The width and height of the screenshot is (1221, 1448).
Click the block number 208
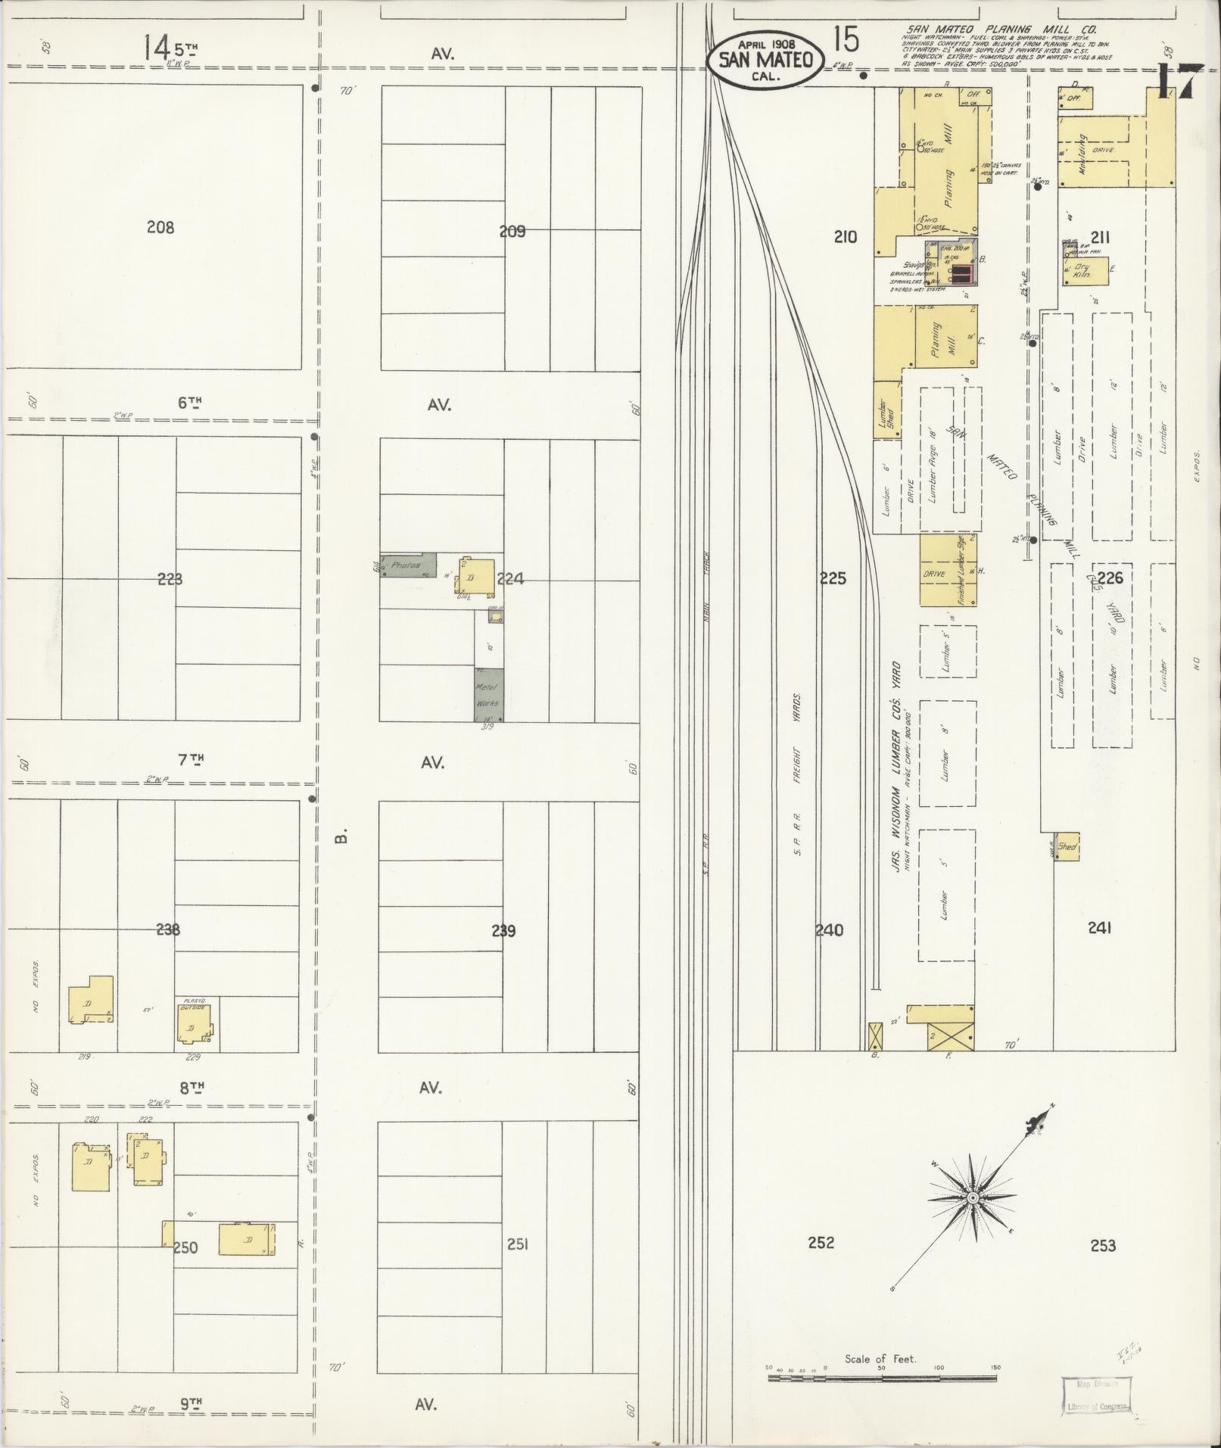coord(160,226)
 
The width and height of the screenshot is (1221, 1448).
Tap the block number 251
coord(517,1244)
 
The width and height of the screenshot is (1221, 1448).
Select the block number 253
coord(1103,1245)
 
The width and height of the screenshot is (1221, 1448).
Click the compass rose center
coord(973,1198)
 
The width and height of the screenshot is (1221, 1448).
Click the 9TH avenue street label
coord(191,1403)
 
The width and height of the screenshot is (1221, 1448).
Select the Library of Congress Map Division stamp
coord(1097,1395)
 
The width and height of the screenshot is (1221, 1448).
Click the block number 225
coord(832,579)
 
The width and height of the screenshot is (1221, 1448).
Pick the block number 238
coord(168,930)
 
